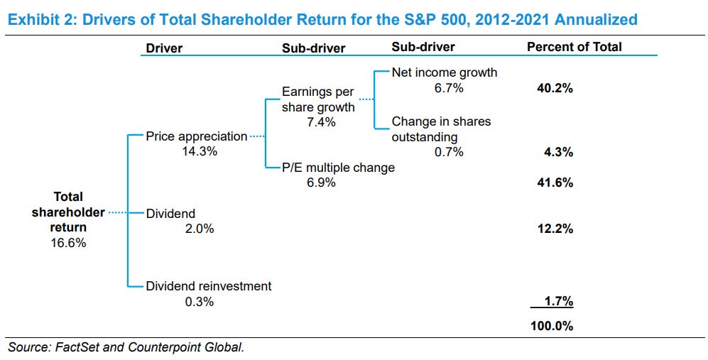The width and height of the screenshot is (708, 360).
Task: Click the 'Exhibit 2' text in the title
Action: click(35, 18)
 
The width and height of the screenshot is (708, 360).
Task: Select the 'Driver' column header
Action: click(164, 48)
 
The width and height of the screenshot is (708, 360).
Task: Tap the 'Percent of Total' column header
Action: click(574, 47)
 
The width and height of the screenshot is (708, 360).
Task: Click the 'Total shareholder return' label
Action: click(68, 212)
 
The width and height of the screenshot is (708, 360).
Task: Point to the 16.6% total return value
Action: click(68, 243)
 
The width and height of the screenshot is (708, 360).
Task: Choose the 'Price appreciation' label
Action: click(196, 136)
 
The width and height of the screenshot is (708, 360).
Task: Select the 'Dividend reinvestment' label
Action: click(208, 286)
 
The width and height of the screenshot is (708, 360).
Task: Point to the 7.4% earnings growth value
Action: click(318, 122)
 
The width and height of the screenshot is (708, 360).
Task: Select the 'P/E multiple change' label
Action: click(338, 168)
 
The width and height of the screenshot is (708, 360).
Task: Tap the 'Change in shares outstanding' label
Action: click(440, 129)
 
